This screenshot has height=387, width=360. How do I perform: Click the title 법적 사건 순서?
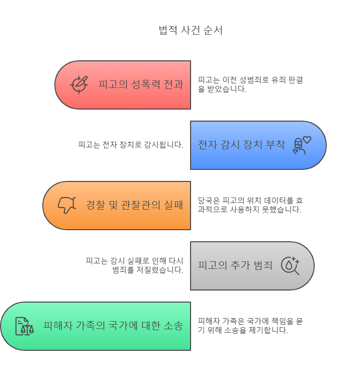[191, 30]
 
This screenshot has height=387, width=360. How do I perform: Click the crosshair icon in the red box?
[79, 84]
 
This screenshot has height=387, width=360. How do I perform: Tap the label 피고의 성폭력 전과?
[141, 84]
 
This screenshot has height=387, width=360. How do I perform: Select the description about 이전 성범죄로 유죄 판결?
[250, 84]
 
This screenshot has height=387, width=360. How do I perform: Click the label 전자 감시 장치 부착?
[241, 145]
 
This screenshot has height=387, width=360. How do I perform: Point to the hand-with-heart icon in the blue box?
[302, 145]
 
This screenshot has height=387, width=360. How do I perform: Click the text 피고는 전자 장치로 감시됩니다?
[130, 145]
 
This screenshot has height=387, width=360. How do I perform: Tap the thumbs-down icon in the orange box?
[66, 205]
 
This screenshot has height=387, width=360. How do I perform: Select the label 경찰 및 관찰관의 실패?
[134, 205]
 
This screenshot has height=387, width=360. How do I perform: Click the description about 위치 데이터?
[250, 205]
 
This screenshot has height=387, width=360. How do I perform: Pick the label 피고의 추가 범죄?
[235, 265]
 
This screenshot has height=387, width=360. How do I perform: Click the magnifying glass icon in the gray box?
[290, 265]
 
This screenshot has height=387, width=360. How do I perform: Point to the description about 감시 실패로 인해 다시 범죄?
[134, 265]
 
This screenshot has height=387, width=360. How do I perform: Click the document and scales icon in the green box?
[24, 326]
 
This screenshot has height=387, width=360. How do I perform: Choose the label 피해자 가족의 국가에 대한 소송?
[113, 326]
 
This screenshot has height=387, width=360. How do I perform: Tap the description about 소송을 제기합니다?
[250, 326]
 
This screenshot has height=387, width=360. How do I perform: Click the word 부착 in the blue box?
[275, 145]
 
